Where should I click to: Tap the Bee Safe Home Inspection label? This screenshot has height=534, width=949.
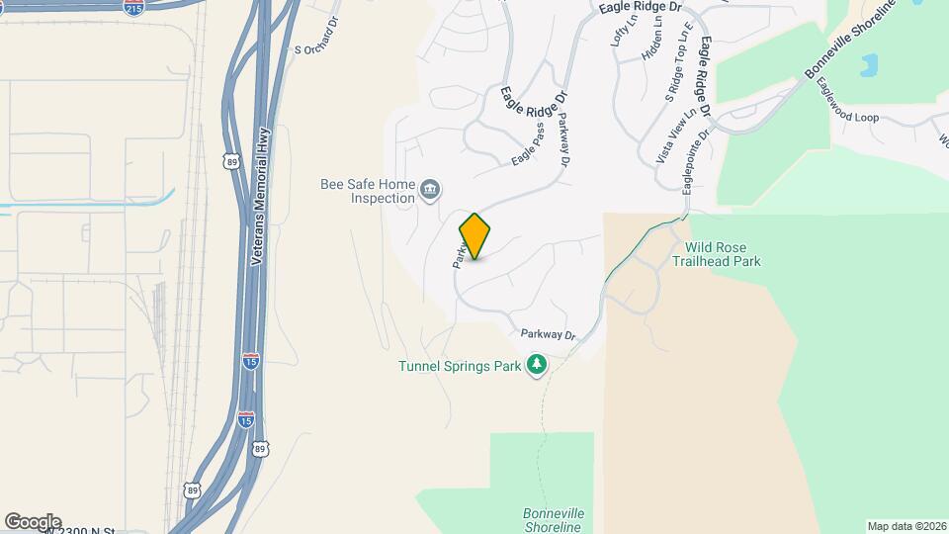click(x=368, y=191)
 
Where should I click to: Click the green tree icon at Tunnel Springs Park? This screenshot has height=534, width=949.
click(x=537, y=366)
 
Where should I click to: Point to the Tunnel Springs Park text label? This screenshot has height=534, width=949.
click(x=459, y=366)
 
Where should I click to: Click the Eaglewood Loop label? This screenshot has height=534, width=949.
click(x=847, y=102)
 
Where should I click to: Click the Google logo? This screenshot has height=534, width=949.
click(x=33, y=522)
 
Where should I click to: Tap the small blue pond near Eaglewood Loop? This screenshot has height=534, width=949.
click(x=869, y=66)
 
